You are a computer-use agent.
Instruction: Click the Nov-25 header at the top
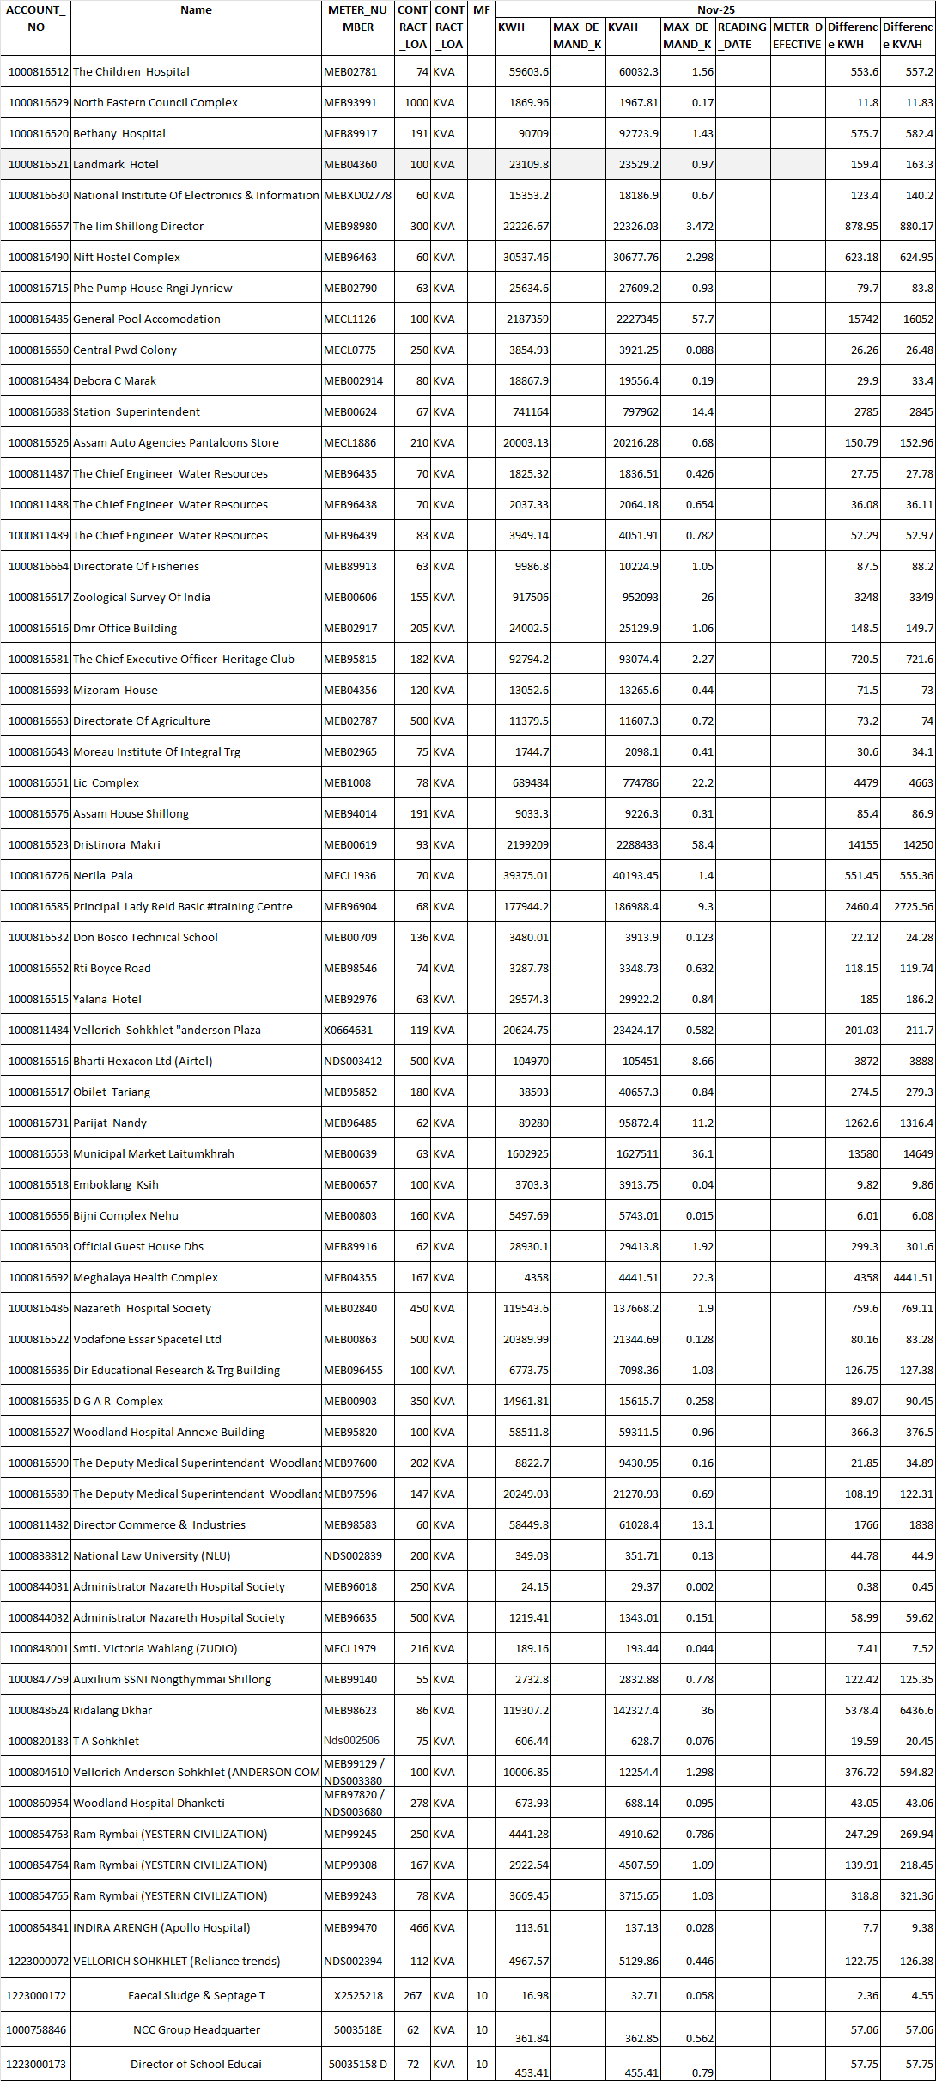[715, 10]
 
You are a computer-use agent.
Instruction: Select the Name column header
[196, 10]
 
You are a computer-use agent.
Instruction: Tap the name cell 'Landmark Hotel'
[116, 165]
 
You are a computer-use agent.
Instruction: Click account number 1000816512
[38, 72]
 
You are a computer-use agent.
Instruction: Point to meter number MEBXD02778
[357, 196]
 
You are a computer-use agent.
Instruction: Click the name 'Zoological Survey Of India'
[142, 598]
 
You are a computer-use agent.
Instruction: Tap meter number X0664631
[348, 1031]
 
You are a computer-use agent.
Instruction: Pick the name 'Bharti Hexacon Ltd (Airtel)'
[143, 1062]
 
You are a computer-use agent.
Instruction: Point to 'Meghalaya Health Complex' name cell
[145, 1278]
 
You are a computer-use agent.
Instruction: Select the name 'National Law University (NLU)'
[152, 1556]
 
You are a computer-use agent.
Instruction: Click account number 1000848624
[38, 1711]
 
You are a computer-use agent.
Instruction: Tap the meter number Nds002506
[351, 1741]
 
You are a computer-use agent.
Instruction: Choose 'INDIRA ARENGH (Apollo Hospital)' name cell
[161, 1927]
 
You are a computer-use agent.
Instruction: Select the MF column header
[482, 10]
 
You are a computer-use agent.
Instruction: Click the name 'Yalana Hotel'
[107, 1000]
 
